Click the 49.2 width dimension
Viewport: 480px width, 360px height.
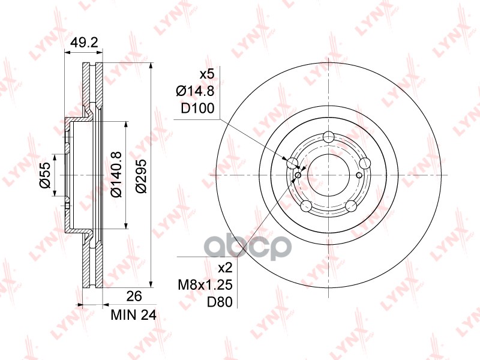coord(84,43)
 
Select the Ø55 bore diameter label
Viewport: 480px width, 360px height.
coord(44,175)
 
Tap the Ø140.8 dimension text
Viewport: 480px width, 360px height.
coord(116,175)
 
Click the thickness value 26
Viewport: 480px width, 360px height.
coord(134,296)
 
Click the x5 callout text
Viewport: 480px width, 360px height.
coord(207,74)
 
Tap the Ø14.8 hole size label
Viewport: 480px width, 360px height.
coord(195,91)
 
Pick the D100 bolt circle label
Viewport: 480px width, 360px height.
coord(198,109)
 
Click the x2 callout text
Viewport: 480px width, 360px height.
coord(225,268)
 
